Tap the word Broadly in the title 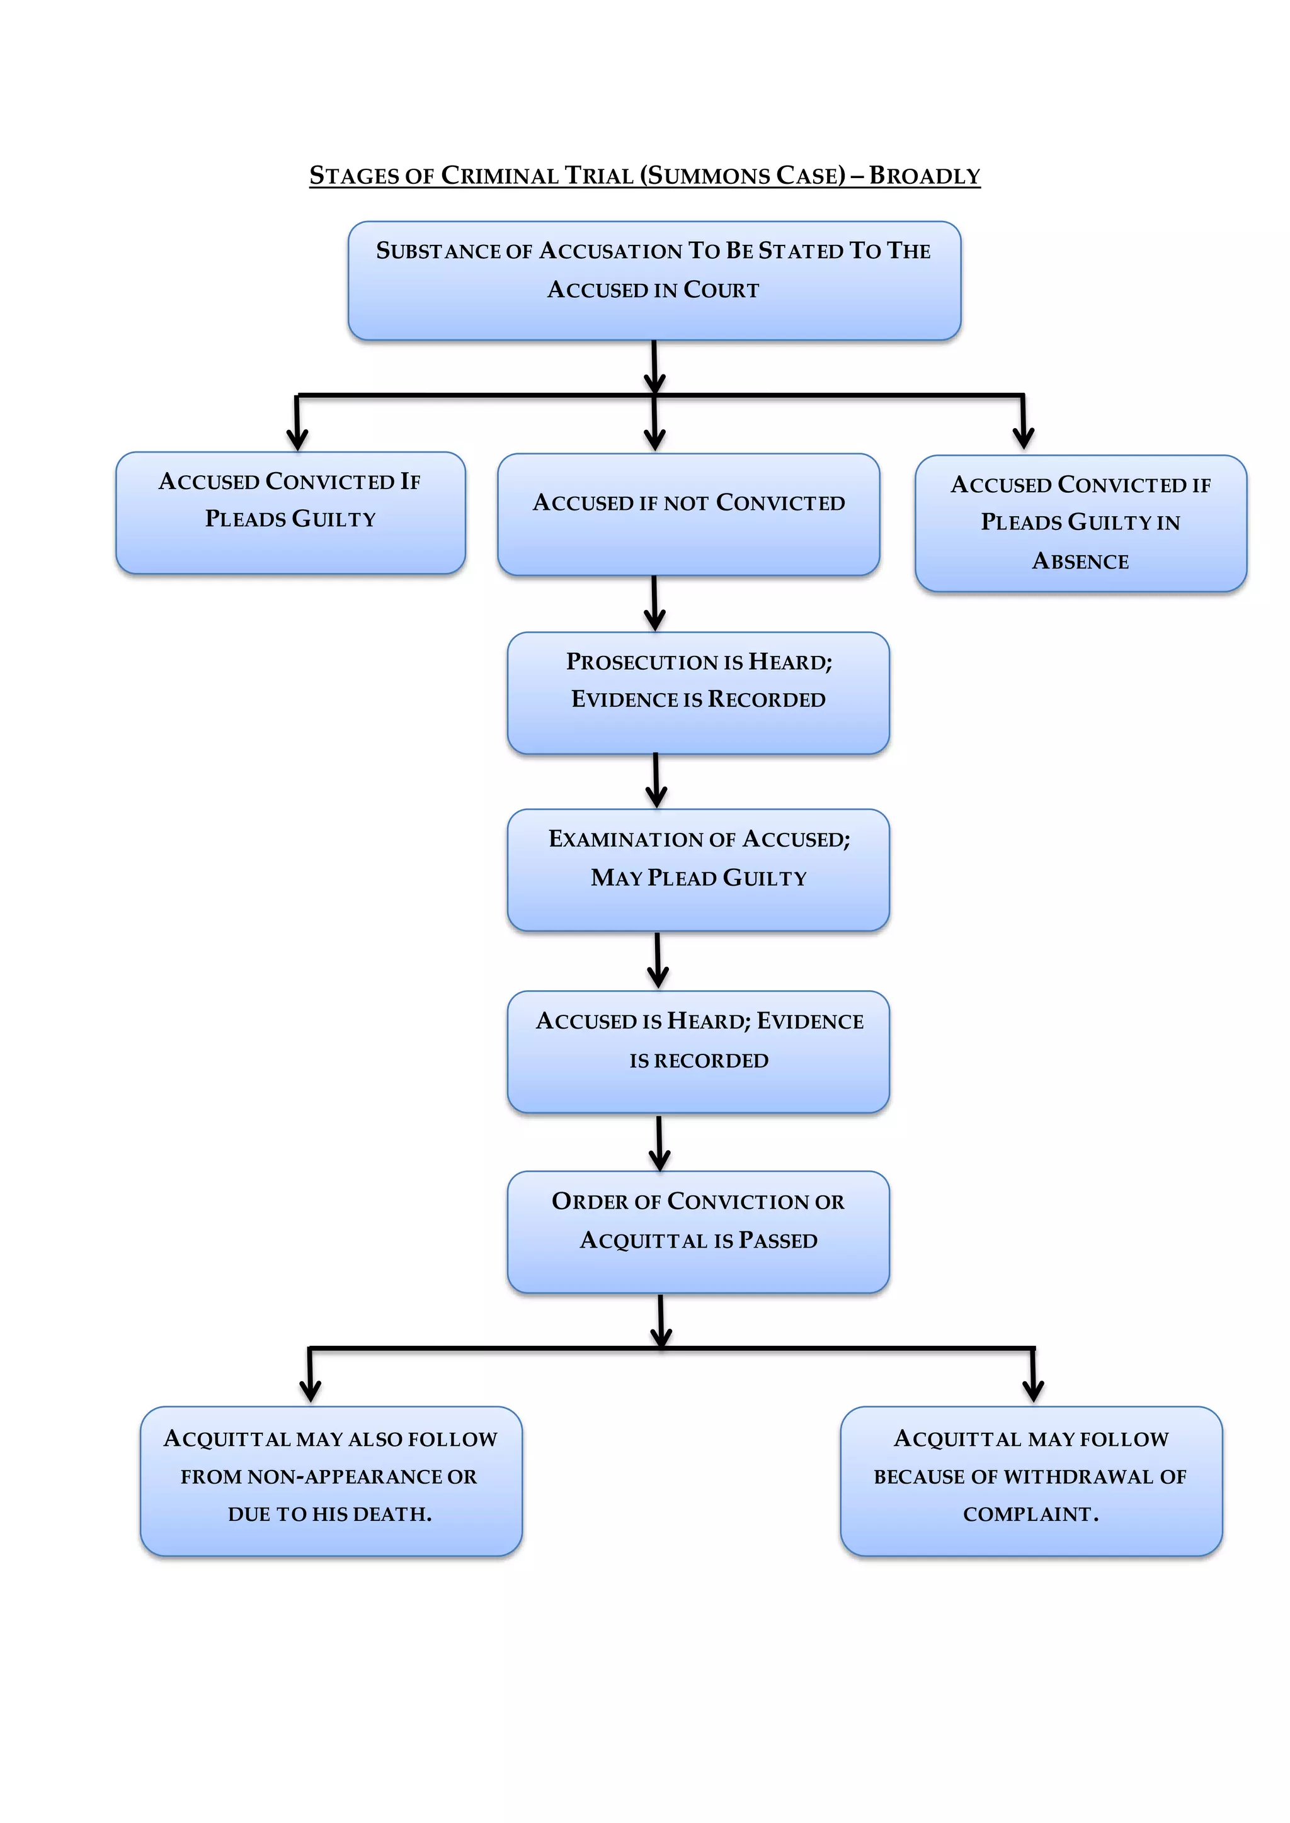[925, 176]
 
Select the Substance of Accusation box [654, 280]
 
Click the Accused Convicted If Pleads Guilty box [290, 512]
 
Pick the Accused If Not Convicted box [688, 514]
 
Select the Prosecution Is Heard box [697, 692]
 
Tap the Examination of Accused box [697, 869]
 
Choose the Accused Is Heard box [697, 1051]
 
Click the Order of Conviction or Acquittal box [697, 1231]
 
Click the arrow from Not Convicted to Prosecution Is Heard [654, 604]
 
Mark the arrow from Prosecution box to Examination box [656, 781]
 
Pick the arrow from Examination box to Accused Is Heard [658, 961]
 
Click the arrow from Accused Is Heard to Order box [659, 1143]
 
